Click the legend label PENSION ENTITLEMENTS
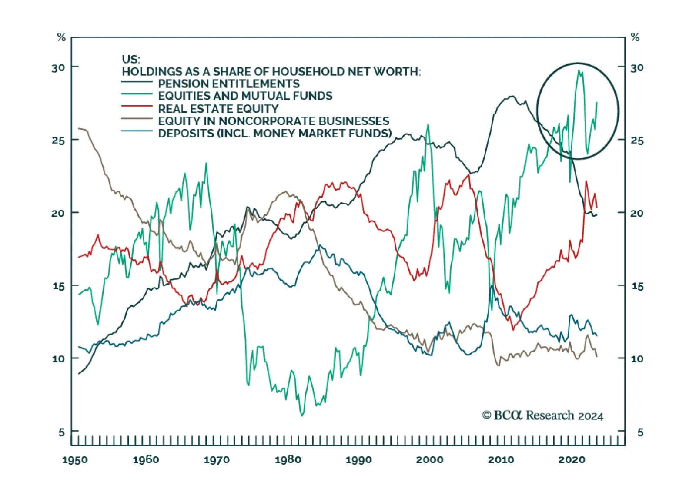(229, 84)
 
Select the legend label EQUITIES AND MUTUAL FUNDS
(245, 96)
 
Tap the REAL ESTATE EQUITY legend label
(218, 108)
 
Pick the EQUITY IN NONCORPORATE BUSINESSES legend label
(274, 121)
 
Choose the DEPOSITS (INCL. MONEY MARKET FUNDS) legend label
(274, 133)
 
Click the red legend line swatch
(137, 106)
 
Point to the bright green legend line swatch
(137, 94)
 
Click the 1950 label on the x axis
(75, 460)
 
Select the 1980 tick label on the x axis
(288, 460)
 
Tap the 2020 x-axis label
(572, 460)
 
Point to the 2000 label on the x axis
(430, 460)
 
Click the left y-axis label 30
(58, 68)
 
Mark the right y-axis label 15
(637, 286)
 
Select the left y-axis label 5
(61, 432)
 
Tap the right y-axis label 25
(637, 141)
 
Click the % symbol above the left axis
(61, 37)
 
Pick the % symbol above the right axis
(635, 37)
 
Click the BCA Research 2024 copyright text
(542, 415)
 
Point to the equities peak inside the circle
(579, 70)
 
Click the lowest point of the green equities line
(302, 415)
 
